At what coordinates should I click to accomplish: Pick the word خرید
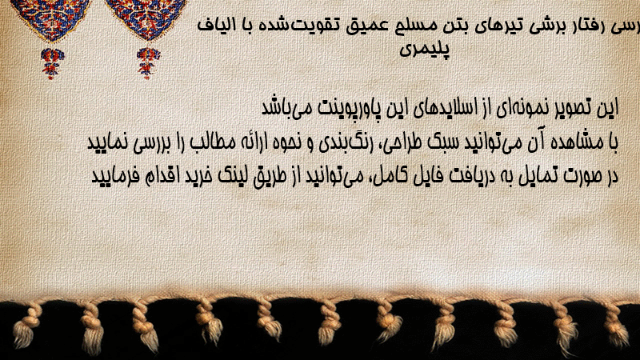pos(198,176)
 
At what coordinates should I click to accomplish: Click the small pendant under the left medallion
pos(52,63)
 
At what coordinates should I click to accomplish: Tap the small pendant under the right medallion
pos(148,63)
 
